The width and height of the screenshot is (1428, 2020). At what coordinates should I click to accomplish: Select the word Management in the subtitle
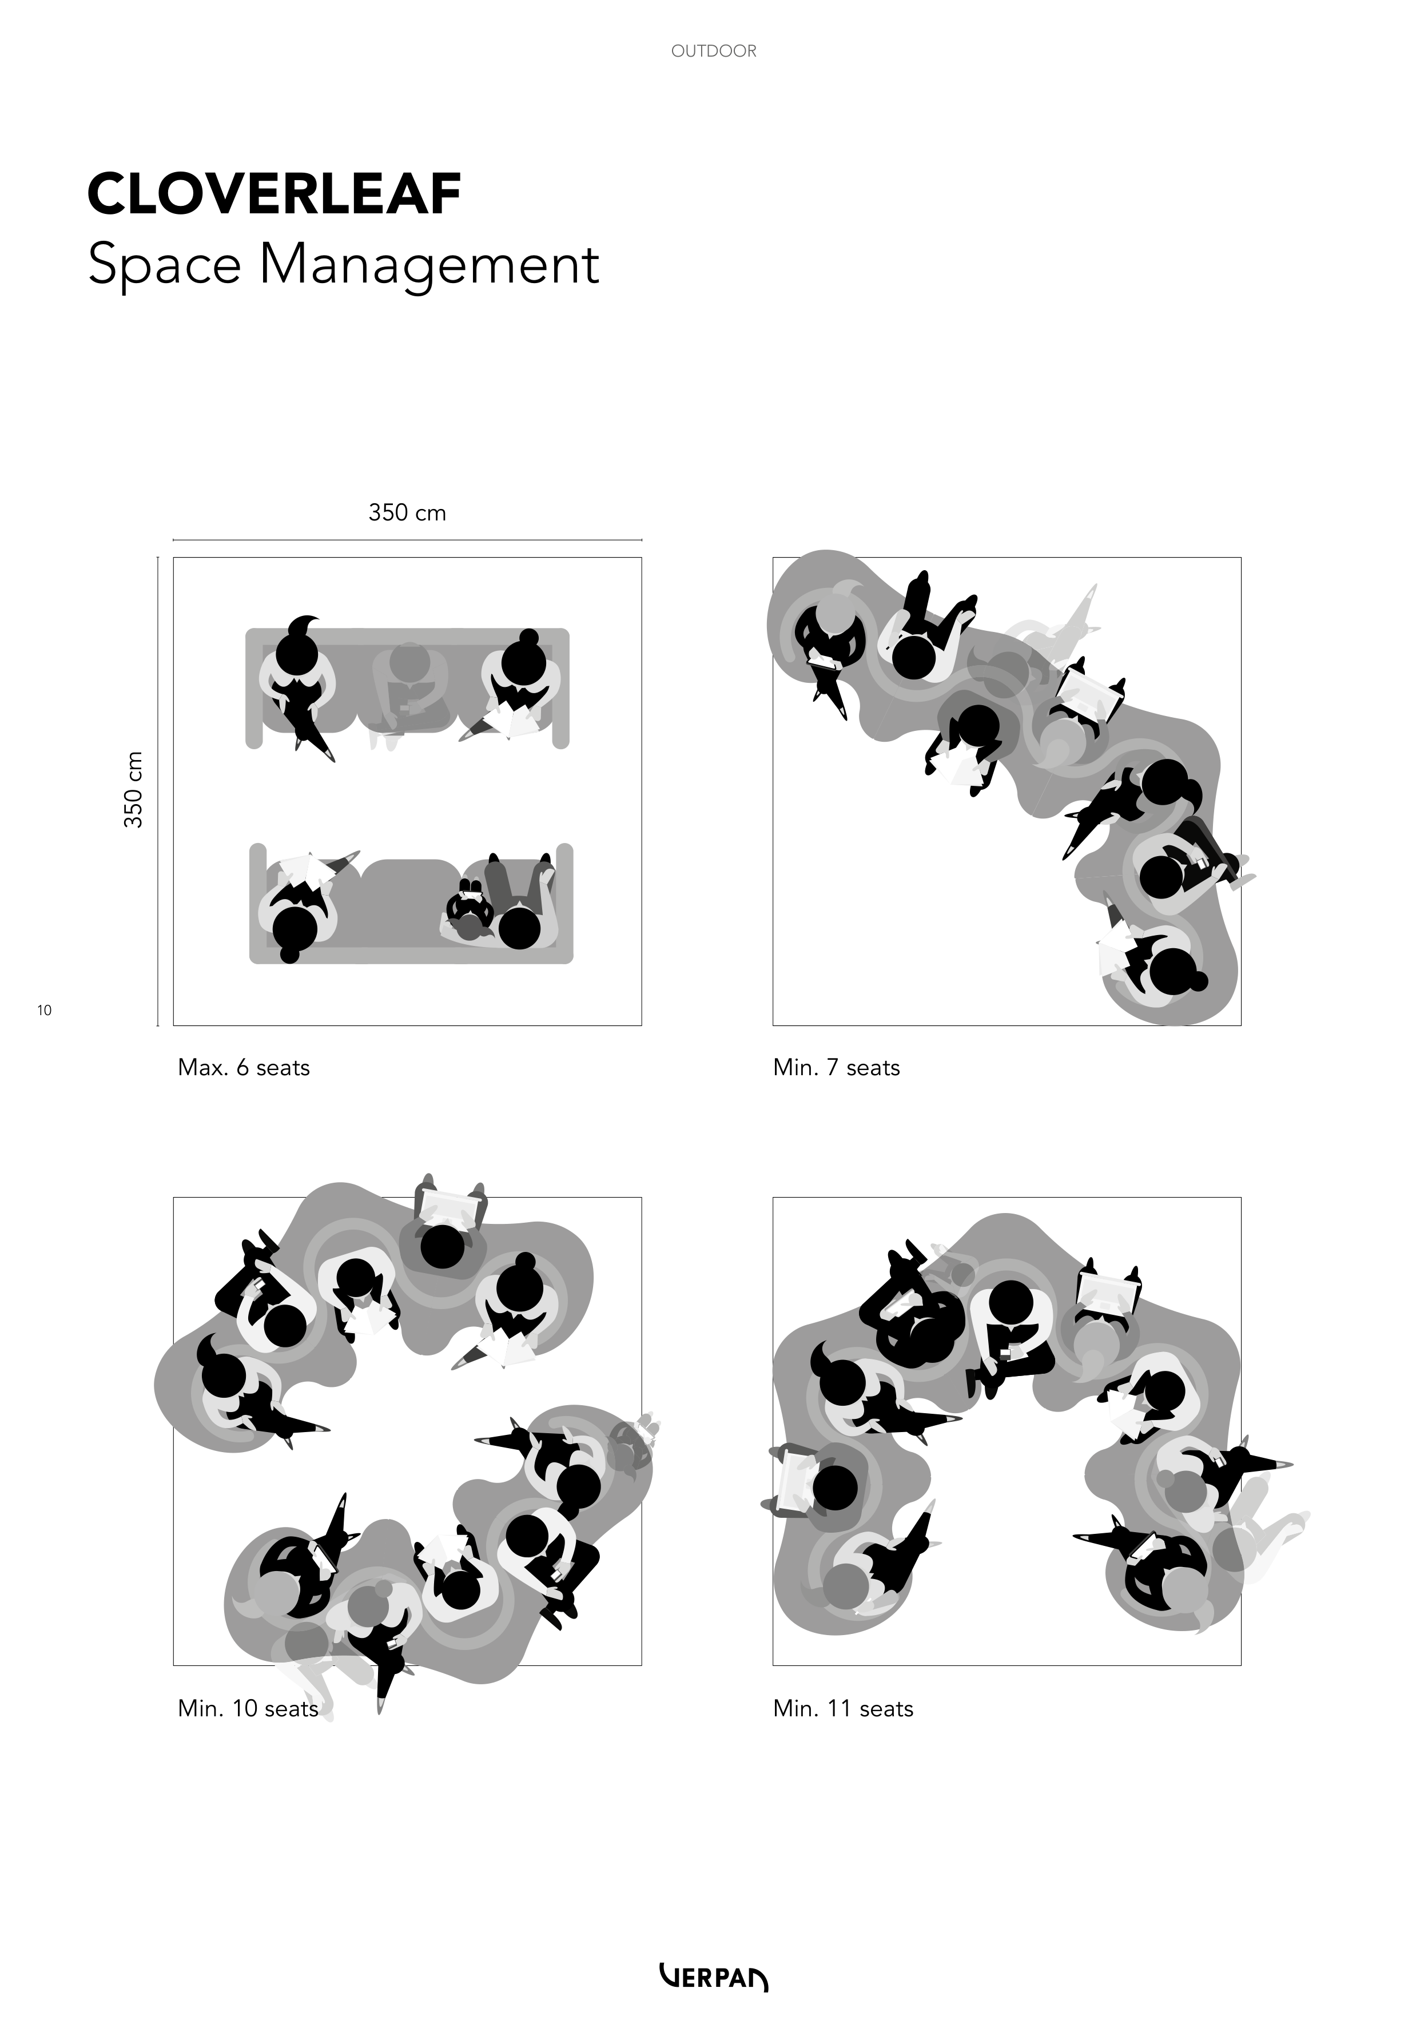point(429,266)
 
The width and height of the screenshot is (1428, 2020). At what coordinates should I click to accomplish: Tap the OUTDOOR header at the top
point(714,51)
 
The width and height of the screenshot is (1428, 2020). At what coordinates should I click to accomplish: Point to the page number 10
point(44,1010)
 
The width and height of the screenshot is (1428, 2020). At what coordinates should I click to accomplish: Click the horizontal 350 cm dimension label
point(407,513)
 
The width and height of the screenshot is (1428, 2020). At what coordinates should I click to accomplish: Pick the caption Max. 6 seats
point(244,1068)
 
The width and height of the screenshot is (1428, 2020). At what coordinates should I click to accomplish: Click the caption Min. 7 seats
point(837,1068)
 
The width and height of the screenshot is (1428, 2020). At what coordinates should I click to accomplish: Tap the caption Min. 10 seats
point(248,1708)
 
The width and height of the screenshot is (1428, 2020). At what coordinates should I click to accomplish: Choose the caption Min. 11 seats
point(844,1708)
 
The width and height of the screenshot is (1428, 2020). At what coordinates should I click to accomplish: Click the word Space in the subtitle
point(165,266)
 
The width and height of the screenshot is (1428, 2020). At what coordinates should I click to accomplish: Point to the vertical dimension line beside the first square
point(157,791)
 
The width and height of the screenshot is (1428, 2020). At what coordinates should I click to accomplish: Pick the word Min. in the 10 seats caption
point(201,1708)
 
